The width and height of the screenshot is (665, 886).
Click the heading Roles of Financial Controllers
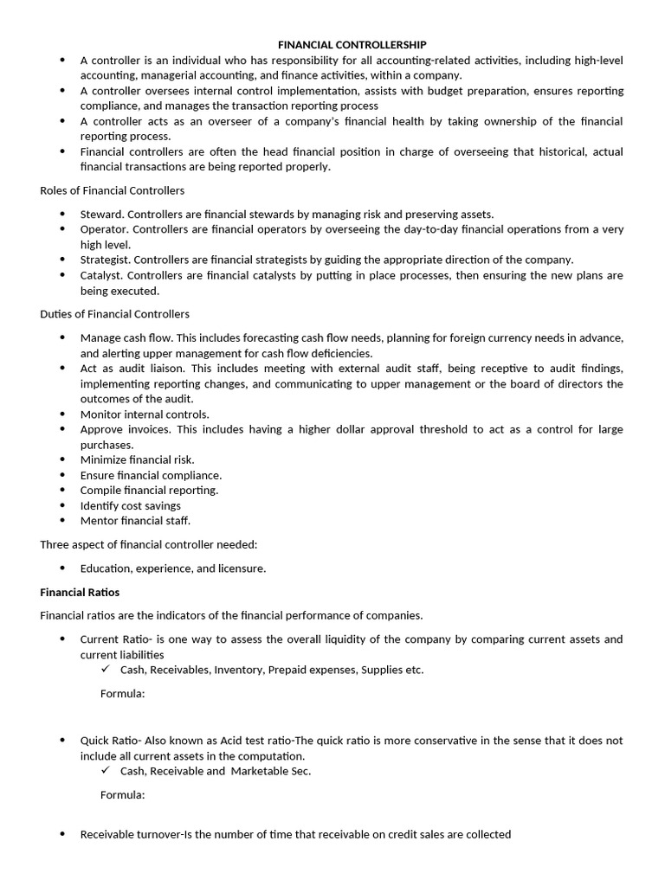pos(112,190)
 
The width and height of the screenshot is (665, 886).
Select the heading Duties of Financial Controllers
pos(114,314)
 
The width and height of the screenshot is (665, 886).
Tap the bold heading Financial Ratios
pos(80,593)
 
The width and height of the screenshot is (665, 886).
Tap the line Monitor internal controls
pos(145,414)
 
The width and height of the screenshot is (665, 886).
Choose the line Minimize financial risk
pos(137,460)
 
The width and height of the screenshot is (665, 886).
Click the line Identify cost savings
pos(131,505)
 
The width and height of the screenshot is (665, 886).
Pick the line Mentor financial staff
pos(135,521)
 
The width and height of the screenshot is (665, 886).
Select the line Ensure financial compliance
pos(151,475)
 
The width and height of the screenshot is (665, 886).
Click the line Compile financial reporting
pos(149,491)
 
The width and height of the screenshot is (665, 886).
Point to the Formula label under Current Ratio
pos(122,694)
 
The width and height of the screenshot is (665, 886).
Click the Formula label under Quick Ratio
pos(122,795)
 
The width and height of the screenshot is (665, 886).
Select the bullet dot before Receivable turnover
pos(62,835)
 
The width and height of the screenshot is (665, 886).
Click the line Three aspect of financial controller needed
pos(148,544)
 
